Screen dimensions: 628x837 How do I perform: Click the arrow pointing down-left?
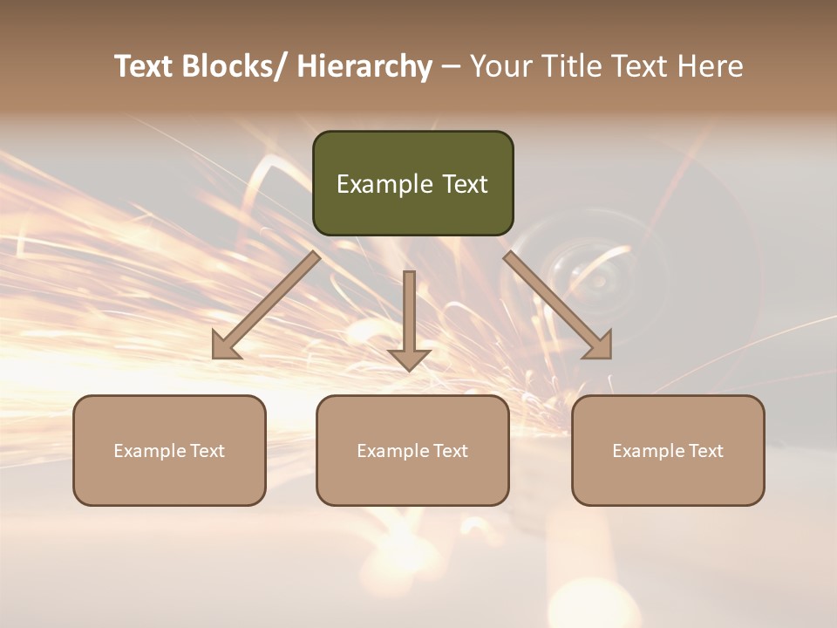[x=267, y=304]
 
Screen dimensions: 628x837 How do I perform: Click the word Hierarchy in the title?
[x=364, y=66]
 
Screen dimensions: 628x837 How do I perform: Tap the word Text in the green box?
[x=465, y=184]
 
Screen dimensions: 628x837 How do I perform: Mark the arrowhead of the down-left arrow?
[x=223, y=347]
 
